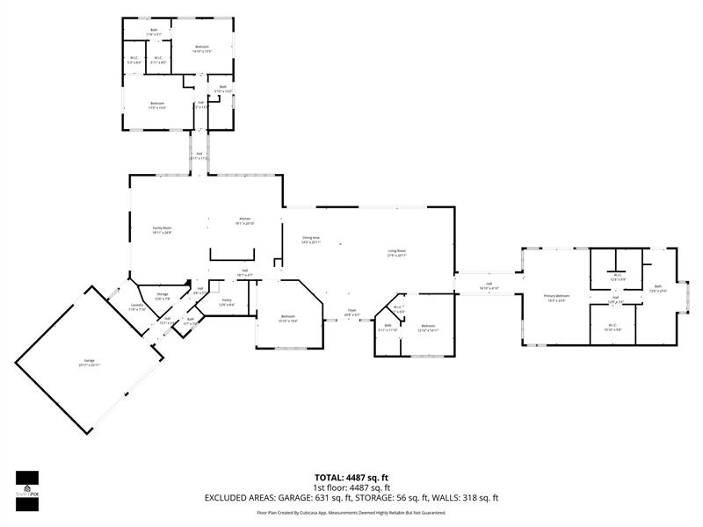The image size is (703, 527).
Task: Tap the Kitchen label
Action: pyautogui.click(x=244, y=221)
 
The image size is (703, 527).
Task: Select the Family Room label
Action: pyautogui.click(x=161, y=230)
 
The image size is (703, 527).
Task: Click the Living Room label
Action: pyautogui.click(x=397, y=253)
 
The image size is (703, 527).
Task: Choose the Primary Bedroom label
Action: pyautogui.click(x=556, y=298)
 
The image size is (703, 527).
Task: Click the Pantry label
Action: pyautogui.click(x=226, y=302)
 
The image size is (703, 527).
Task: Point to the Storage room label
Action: pyautogui.click(x=163, y=296)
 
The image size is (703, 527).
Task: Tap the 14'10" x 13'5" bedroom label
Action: pyautogui.click(x=202, y=48)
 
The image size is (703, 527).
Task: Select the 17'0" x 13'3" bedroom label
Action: pyautogui.click(x=157, y=105)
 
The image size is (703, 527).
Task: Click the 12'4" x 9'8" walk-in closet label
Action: pyautogui.click(x=617, y=277)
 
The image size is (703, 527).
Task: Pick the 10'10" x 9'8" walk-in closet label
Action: pyautogui.click(x=613, y=327)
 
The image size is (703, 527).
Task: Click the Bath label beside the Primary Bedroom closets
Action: pyautogui.click(x=657, y=288)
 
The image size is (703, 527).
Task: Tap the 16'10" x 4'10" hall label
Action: pyautogui.click(x=489, y=286)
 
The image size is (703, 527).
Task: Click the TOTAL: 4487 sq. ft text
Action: pyautogui.click(x=351, y=477)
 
